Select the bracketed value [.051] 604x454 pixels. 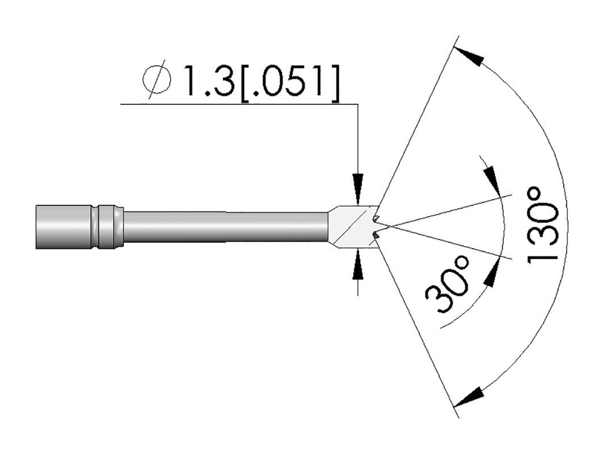[x=290, y=83]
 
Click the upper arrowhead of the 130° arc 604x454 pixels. [x=468, y=56]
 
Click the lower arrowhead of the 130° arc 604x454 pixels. [x=468, y=396]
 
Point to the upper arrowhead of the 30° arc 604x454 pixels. [x=493, y=179]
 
